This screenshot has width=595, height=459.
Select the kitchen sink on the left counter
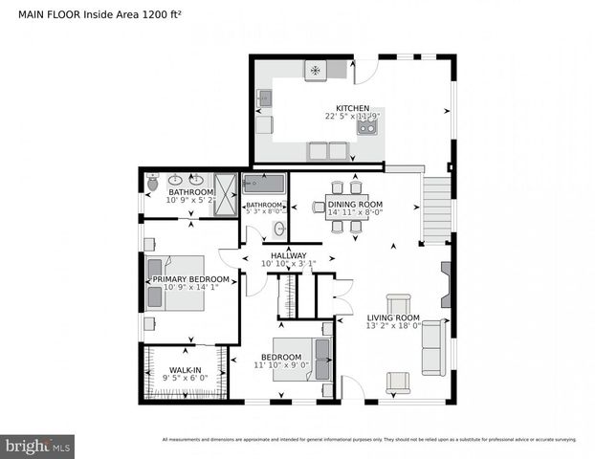tap(265, 98)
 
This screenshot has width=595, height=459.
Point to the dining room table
tap(343, 208)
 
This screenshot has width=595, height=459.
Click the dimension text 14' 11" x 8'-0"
tap(355, 214)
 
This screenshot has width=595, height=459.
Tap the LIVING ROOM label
tap(394, 318)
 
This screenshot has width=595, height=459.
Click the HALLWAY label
tap(288, 255)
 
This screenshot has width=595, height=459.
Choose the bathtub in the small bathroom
tap(264, 184)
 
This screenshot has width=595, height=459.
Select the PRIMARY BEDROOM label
tap(188, 279)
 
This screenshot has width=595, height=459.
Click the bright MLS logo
tap(38, 446)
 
